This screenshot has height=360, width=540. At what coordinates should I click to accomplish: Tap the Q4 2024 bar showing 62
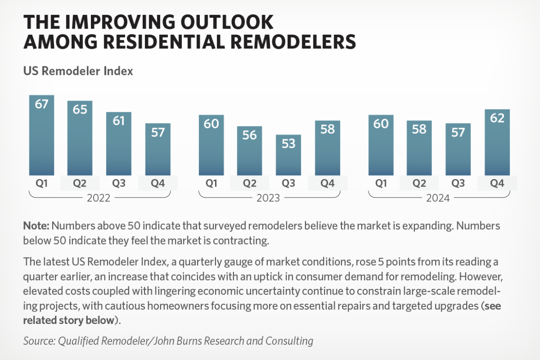497,143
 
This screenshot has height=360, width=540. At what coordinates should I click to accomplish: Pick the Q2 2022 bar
80,138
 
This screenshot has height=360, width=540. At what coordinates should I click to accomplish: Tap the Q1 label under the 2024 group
381,184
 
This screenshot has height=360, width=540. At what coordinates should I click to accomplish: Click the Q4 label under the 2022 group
157,184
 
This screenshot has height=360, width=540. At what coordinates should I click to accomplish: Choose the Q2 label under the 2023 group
250,184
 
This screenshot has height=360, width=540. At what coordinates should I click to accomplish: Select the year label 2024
438,198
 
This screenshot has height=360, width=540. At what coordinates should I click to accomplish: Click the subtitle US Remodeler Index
78,71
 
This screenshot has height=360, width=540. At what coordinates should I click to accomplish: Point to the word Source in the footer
38,341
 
